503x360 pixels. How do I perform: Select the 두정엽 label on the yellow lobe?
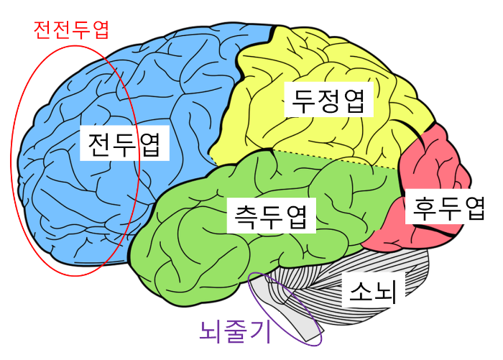coord(329,101)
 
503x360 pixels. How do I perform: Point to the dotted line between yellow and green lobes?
coord(338,160)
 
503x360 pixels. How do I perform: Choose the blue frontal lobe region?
coord(180,86)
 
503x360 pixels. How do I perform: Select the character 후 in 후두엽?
coord(424,208)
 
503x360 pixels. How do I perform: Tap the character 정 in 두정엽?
coord(329,101)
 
